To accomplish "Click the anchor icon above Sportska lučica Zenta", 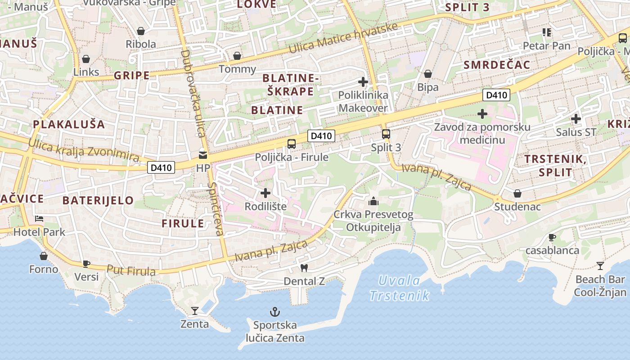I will [x=274, y=311].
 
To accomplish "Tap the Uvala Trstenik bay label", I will [x=399, y=288].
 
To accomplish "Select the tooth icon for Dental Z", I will [x=304, y=268].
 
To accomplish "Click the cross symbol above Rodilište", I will [x=265, y=193].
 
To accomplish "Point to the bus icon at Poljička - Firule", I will [x=292, y=144].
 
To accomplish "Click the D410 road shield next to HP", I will [x=161, y=168].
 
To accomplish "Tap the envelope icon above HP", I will [x=203, y=155].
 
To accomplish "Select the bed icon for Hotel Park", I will [x=40, y=219].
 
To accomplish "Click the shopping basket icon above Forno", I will [x=44, y=256].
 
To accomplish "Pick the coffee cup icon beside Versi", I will [x=86, y=264].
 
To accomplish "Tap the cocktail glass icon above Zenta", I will [x=194, y=310].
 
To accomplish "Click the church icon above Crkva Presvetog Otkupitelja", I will [x=373, y=201].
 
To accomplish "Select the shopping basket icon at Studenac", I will [x=517, y=193].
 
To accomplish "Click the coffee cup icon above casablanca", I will [x=552, y=237].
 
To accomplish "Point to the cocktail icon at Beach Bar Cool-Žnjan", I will [x=600, y=265].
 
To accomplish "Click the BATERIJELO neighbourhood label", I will [x=98, y=200].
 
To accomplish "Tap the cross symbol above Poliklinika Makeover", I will [x=363, y=82].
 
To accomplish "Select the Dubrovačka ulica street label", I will [x=193, y=93].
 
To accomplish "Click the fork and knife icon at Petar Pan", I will [x=547, y=32].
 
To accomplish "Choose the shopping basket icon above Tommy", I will [x=237, y=56].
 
